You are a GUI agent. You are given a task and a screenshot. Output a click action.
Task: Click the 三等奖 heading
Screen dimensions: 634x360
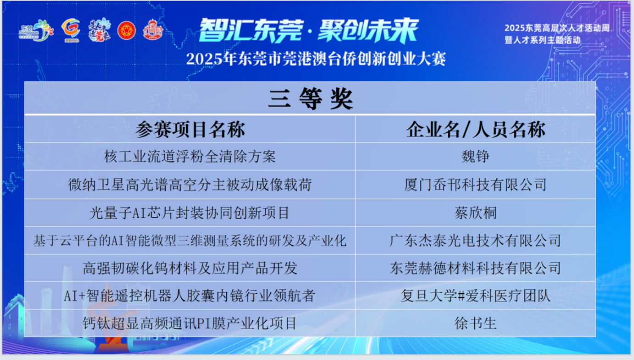[x=311, y=99]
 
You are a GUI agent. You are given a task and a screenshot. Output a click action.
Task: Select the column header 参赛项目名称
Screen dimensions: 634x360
[x=190, y=129]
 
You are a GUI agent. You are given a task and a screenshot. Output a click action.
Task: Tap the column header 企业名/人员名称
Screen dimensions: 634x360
[x=476, y=129]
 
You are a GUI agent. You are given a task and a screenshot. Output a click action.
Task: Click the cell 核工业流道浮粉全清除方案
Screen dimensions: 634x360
[x=190, y=156]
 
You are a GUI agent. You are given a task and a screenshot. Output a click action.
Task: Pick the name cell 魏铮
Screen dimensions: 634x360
[x=475, y=156]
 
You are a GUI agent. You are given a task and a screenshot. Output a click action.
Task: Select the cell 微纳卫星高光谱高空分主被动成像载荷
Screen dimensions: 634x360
[x=190, y=184]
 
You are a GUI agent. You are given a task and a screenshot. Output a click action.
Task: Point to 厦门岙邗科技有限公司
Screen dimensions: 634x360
[x=475, y=184]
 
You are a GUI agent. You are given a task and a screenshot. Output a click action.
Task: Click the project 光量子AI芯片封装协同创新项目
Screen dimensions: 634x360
[x=189, y=213]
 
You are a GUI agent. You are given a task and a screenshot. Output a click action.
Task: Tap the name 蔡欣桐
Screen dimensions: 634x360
[x=475, y=213]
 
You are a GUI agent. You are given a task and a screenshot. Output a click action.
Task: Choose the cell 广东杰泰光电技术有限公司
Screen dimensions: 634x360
[x=475, y=241]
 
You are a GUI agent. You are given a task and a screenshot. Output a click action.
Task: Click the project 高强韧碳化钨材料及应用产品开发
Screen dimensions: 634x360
[x=190, y=268]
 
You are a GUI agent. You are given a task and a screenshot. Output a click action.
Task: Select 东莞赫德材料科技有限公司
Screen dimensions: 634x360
[x=475, y=268]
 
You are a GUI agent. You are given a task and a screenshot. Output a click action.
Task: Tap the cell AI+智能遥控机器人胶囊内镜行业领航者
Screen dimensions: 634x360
[x=189, y=296]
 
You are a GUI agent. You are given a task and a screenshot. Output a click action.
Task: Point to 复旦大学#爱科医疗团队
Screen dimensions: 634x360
[x=475, y=296]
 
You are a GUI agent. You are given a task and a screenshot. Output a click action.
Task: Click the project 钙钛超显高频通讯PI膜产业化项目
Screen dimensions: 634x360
[x=189, y=323]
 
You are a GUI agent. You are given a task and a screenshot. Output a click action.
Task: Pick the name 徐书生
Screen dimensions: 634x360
[x=475, y=323]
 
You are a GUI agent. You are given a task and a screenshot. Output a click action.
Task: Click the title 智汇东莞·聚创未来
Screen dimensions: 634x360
[x=308, y=31]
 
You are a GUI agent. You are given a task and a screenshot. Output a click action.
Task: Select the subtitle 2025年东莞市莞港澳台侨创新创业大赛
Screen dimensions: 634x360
[x=316, y=59]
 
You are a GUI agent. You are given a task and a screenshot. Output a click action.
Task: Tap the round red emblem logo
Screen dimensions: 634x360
[x=126, y=30]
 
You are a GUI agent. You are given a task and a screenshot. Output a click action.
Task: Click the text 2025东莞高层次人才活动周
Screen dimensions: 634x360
[x=557, y=28]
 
